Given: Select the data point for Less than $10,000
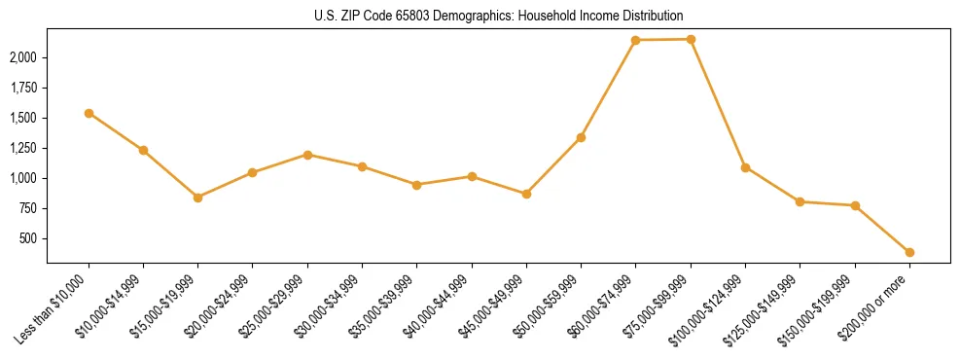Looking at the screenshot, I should point(89,113).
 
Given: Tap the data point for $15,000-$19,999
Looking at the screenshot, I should point(197,198).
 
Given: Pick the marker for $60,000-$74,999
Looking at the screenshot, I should point(635,40).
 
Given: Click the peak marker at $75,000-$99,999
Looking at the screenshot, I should point(691,39).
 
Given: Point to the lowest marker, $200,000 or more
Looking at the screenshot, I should point(909,252).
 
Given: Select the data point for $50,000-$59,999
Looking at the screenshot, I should point(581,137).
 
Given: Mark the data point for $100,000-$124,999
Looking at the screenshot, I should point(745,167).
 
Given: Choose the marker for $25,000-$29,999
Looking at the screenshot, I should point(307,155).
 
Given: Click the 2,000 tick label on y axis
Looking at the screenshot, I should point(23,57).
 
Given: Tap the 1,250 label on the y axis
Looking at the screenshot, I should point(23,148).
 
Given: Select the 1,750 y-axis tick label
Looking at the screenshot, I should point(23,88).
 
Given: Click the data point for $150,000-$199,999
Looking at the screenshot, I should point(855,205).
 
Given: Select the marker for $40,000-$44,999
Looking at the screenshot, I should point(472,176).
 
